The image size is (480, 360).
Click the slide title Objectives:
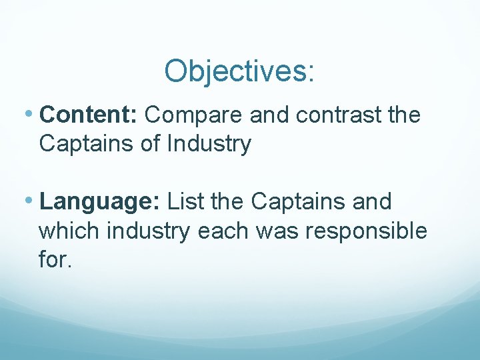click(x=239, y=71)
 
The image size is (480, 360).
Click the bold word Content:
click(x=89, y=115)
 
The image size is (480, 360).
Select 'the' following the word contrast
click(x=404, y=115)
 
